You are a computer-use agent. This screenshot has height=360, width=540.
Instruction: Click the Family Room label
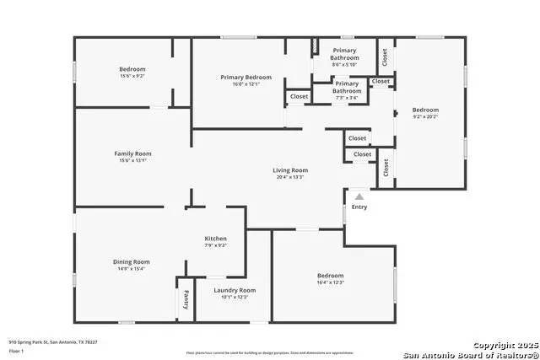[x=132, y=153]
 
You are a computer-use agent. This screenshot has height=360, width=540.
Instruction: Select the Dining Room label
[x=132, y=261]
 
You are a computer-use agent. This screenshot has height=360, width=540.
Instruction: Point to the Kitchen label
[x=215, y=239]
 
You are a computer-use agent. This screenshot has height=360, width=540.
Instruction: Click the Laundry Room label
[x=235, y=290]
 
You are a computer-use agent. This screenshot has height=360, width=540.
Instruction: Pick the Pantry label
[x=186, y=299]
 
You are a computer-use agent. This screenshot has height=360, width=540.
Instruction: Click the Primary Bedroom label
[x=246, y=78]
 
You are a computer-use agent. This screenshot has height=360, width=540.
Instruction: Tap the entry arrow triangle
[x=359, y=196]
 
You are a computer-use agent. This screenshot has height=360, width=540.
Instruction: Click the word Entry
[x=359, y=207]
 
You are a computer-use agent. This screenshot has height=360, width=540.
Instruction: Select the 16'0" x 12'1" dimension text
[x=246, y=84]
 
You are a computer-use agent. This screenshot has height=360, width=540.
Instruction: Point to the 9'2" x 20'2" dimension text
[x=425, y=117]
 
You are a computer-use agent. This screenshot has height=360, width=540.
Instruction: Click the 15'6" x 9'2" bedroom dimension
[x=132, y=76]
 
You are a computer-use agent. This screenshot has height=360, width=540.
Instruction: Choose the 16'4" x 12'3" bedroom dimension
[x=330, y=282]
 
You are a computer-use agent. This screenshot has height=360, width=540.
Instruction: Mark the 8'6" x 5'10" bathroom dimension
[x=344, y=65]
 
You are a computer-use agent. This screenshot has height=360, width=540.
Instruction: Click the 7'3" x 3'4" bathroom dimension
[x=347, y=98]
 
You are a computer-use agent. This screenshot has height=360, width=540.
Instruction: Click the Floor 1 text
[x=16, y=349]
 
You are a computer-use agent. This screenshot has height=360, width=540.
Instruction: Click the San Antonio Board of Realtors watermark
[x=471, y=355]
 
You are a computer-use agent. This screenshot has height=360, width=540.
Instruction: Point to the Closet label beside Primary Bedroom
[x=300, y=96]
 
